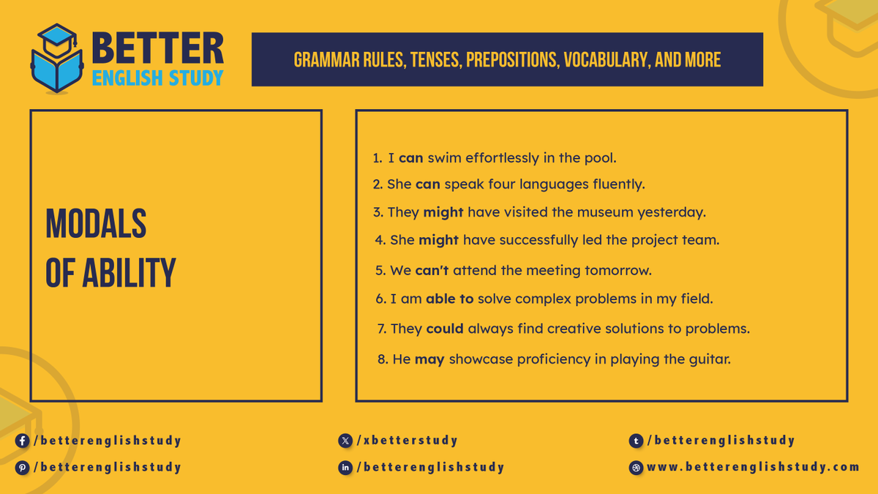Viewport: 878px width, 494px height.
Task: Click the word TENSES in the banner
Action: [431, 60]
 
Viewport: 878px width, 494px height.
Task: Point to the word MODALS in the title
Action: [96, 223]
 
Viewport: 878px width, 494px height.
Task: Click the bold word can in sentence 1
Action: [411, 158]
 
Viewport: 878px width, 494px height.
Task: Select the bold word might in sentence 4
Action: [438, 240]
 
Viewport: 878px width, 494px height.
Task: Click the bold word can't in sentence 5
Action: [432, 271]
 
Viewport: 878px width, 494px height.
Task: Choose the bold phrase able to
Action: [450, 299]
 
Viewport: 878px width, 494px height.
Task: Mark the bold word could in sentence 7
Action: [445, 329]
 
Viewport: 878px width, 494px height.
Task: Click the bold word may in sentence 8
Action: [429, 360]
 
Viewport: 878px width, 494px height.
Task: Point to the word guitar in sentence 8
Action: [710, 360]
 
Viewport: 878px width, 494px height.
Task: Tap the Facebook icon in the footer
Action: [23, 441]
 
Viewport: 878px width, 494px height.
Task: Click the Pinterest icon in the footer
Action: [23, 468]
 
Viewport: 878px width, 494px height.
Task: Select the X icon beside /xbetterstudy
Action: [345, 441]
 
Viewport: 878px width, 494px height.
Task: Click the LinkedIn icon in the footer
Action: [345, 468]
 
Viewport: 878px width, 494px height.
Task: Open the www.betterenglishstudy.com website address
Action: [753, 467]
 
